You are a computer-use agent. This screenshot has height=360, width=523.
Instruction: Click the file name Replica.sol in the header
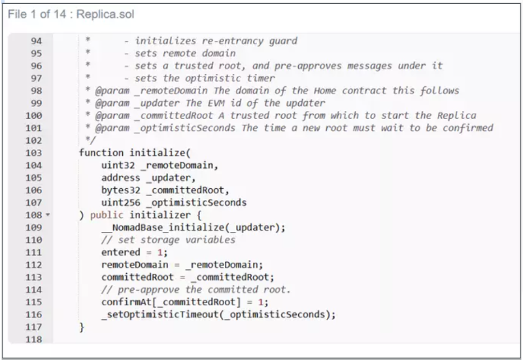(x=105, y=14)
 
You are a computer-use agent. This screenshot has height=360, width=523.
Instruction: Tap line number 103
(x=34, y=153)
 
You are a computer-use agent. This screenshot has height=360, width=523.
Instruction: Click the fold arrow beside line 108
(x=48, y=215)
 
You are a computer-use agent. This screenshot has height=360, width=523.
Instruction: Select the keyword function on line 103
(x=101, y=153)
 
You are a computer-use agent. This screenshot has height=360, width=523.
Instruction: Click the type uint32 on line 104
(x=118, y=165)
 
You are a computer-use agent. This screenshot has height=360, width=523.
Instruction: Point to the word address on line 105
(x=121, y=178)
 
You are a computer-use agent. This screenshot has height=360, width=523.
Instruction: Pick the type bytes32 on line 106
(x=121, y=190)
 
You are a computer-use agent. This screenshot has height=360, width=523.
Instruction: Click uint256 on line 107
(x=121, y=203)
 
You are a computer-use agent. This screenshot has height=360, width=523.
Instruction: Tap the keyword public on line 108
(x=107, y=216)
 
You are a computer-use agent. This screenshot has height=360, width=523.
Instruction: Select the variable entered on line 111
(x=121, y=252)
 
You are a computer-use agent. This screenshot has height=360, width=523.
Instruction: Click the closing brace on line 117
(x=82, y=327)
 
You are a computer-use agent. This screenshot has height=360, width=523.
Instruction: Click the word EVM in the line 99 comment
(x=216, y=103)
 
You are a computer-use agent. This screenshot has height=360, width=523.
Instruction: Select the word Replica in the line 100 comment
(x=456, y=116)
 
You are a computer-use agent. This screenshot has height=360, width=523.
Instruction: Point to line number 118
(x=34, y=340)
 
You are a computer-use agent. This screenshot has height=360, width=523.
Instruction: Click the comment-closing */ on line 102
(x=90, y=140)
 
